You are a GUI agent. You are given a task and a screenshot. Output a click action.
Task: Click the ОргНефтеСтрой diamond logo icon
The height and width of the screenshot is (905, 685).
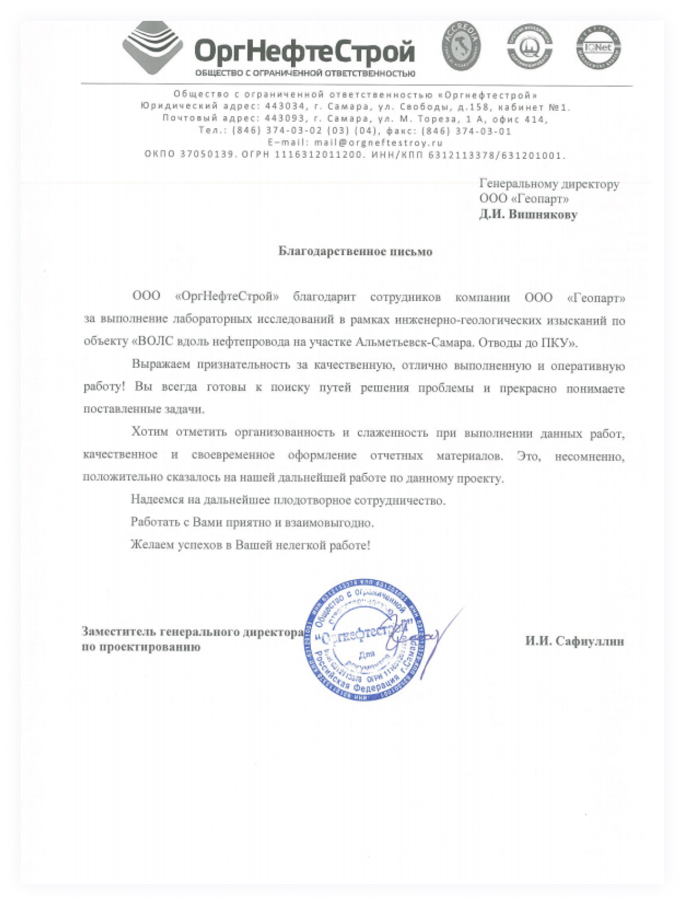coord(152,48)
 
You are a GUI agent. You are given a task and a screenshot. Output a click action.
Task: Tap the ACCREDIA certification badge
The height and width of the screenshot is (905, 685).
coord(462,46)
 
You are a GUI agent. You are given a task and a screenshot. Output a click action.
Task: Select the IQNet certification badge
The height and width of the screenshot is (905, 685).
coord(598,48)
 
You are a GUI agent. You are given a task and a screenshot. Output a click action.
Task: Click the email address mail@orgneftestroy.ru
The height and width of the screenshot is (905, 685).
coord(379,143)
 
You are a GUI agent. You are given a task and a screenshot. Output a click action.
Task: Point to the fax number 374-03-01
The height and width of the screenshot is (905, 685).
coord(483,131)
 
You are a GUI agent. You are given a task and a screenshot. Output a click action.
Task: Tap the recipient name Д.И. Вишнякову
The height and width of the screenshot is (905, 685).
coord(528,215)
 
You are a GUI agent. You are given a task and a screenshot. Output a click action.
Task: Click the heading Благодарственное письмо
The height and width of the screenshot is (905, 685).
coord(355,251)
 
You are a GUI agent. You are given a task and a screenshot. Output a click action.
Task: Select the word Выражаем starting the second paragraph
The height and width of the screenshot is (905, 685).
coord(161,365)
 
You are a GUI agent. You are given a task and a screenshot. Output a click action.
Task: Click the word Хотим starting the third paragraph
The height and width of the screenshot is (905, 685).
coord(150,432)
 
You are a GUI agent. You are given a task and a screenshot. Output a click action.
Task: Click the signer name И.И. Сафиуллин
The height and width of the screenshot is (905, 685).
coord(574,641)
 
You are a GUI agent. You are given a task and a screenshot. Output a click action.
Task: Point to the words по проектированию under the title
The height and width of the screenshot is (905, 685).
coord(141,647)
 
